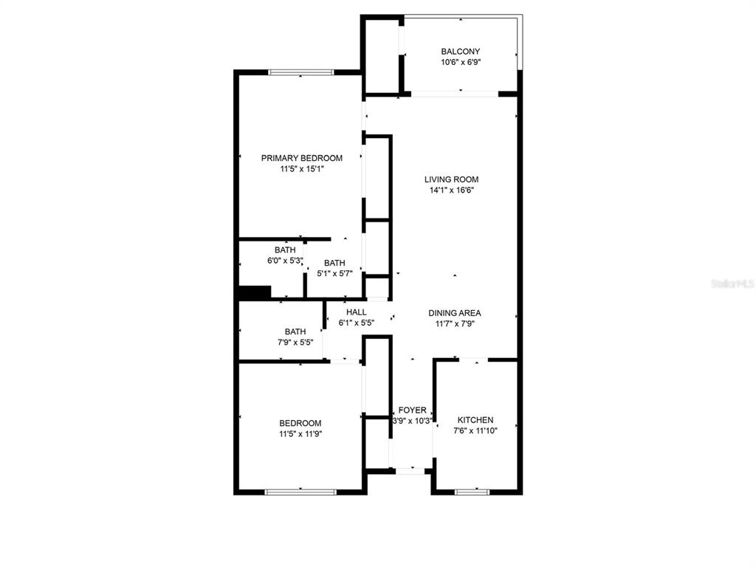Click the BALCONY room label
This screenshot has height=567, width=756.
[461, 51]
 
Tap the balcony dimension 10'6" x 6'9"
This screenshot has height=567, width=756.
[461, 62]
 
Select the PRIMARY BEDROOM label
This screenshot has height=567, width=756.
[302, 158]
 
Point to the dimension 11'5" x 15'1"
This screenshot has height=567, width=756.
[302, 169]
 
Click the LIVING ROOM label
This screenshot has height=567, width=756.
[451, 179]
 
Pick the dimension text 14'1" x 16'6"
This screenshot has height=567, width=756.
[452, 190]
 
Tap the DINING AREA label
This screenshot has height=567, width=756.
[455, 313]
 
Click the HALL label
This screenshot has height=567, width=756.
[357, 312]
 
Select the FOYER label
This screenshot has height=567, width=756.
[412, 410]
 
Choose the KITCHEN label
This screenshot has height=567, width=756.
[475, 420]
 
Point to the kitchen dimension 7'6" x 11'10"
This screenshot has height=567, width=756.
[475, 430]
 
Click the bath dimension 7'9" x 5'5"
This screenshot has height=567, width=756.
[295, 343]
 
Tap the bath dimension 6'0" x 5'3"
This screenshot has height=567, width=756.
[285, 261]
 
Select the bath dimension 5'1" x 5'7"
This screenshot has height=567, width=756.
[334, 273]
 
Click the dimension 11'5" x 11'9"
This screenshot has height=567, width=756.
[300, 434]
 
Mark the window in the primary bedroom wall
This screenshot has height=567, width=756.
[301, 72]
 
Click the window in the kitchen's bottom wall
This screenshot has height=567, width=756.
[472, 492]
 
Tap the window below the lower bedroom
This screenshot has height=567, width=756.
[300, 492]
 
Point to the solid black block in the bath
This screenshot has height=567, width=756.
[255, 292]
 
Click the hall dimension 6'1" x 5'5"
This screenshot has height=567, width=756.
[357, 323]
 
